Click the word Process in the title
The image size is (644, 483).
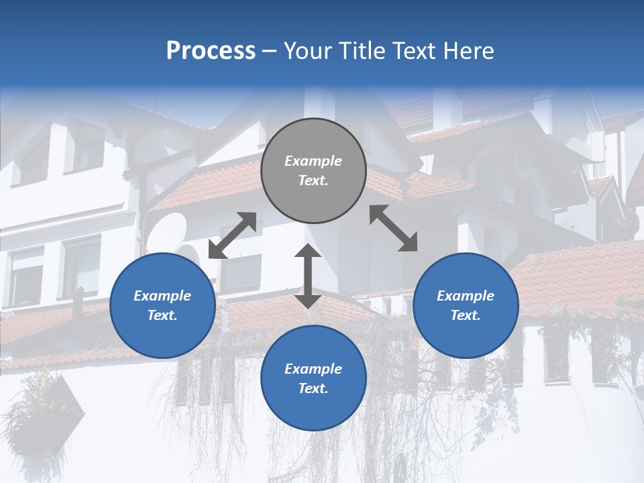click(211, 51)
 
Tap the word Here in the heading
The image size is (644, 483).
click(468, 51)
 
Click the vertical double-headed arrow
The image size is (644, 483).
click(308, 276)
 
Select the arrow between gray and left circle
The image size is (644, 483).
click(232, 235)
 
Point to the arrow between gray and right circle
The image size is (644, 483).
click(393, 228)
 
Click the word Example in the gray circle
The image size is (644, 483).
click(313, 161)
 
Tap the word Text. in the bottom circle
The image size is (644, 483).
click(313, 388)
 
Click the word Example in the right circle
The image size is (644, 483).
click(466, 296)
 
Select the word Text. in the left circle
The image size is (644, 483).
click(162, 315)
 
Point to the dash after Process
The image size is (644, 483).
click(269, 52)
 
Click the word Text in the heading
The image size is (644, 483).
click(414, 51)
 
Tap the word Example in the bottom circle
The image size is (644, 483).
click(313, 369)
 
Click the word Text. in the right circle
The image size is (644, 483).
click(466, 315)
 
